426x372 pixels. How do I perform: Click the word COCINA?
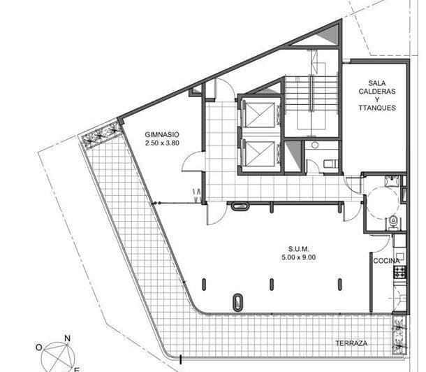[386, 261]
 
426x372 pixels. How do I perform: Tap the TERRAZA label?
[351, 343]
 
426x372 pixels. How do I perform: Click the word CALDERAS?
[377, 92]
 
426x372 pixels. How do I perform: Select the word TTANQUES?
[377, 108]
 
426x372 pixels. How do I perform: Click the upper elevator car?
[260, 114]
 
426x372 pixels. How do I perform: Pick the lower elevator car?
[260, 152]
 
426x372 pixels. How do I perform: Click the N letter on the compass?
[67, 338]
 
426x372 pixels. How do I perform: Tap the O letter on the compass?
[40, 348]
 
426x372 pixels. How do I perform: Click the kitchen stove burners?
[401, 272]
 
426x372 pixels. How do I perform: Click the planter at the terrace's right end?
[399, 334]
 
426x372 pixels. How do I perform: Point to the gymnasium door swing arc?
[192, 162]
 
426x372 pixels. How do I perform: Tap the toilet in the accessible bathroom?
[393, 222]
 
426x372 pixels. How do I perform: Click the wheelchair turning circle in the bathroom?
[381, 203]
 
